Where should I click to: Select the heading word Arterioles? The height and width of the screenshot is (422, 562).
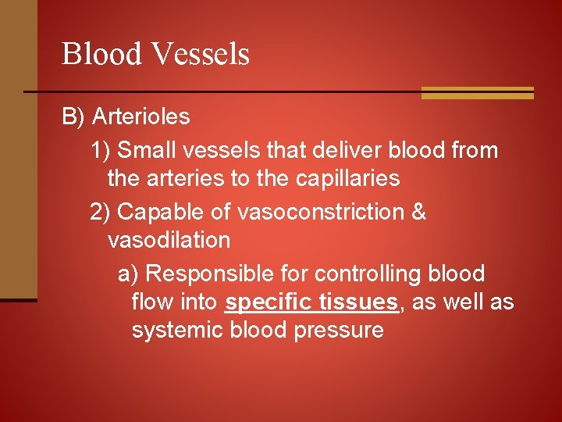click(140, 117)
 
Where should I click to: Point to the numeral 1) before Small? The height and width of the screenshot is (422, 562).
click(101, 149)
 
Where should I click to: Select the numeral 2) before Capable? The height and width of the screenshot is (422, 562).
click(101, 212)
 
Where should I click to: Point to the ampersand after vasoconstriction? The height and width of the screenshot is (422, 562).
click(418, 212)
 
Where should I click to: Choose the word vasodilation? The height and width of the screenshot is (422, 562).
click(169, 240)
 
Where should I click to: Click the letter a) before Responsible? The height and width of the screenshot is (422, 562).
click(128, 274)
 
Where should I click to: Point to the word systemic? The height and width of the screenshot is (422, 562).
click(178, 331)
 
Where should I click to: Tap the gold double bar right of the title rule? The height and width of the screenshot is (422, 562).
click(477, 93)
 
